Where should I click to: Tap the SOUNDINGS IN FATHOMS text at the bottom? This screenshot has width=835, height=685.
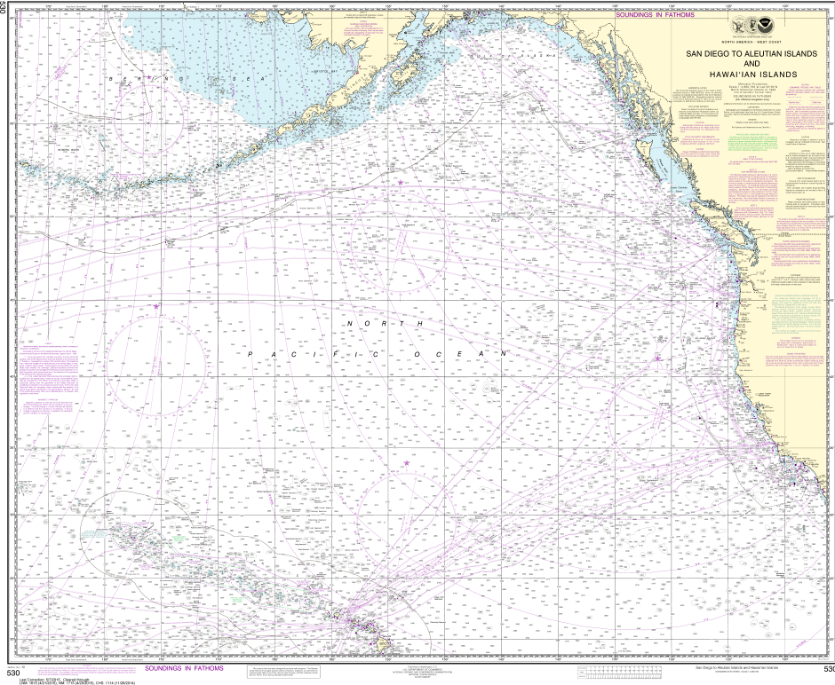tap(184, 668)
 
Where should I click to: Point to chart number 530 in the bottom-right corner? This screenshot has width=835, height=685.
tap(827, 669)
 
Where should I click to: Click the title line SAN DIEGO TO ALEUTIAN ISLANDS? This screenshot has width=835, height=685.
tap(751, 54)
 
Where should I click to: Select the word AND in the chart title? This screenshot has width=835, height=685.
tap(751, 64)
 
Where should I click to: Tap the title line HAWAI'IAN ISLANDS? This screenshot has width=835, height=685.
tap(751, 74)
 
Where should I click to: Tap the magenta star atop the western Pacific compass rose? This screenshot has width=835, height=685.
tap(156, 307)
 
